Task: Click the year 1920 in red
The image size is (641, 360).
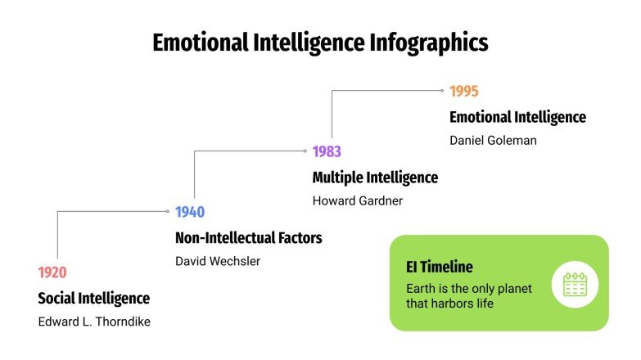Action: click(x=52, y=272)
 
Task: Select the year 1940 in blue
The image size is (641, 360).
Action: click(x=190, y=212)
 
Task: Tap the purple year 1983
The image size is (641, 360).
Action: click(x=327, y=151)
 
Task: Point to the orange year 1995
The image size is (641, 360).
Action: click(x=463, y=91)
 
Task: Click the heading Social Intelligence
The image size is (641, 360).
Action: click(x=94, y=298)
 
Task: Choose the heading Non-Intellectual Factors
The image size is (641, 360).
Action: click(x=248, y=237)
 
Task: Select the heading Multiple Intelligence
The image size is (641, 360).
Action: click(x=375, y=177)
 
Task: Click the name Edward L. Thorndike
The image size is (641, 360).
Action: click(x=94, y=322)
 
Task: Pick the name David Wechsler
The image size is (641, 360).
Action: click(x=218, y=261)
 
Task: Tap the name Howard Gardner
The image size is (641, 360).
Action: click(x=358, y=200)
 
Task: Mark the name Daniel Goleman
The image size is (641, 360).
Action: click(x=493, y=140)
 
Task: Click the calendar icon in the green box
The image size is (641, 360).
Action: click(x=575, y=284)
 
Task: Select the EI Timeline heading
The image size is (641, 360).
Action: click(x=440, y=267)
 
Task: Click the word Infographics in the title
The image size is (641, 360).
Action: click(x=428, y=42)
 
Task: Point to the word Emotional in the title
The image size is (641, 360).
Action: click(x=201, y=42)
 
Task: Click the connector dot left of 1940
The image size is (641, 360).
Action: click(x=168, y=212)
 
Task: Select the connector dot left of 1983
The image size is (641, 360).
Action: click(x=305, y=151)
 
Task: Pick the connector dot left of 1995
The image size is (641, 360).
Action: click(x=442, y=91)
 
